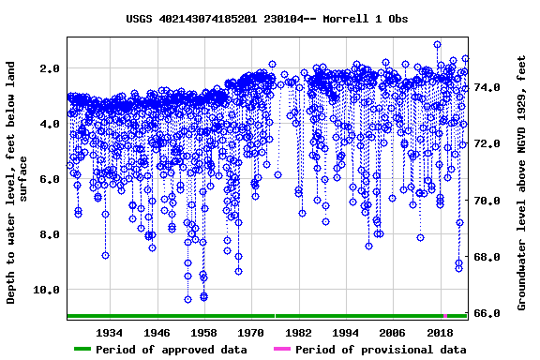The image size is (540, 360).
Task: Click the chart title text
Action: click(267, 19)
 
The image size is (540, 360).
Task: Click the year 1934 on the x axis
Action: click(110, 333)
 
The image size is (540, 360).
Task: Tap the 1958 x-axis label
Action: click(203, 333)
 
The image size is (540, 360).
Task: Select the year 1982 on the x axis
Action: click(298, 333)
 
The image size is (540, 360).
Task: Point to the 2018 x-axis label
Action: click(440, 333)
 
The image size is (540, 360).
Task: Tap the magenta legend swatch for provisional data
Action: click(282, 350)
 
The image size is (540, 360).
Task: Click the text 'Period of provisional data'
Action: click(381, 350)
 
